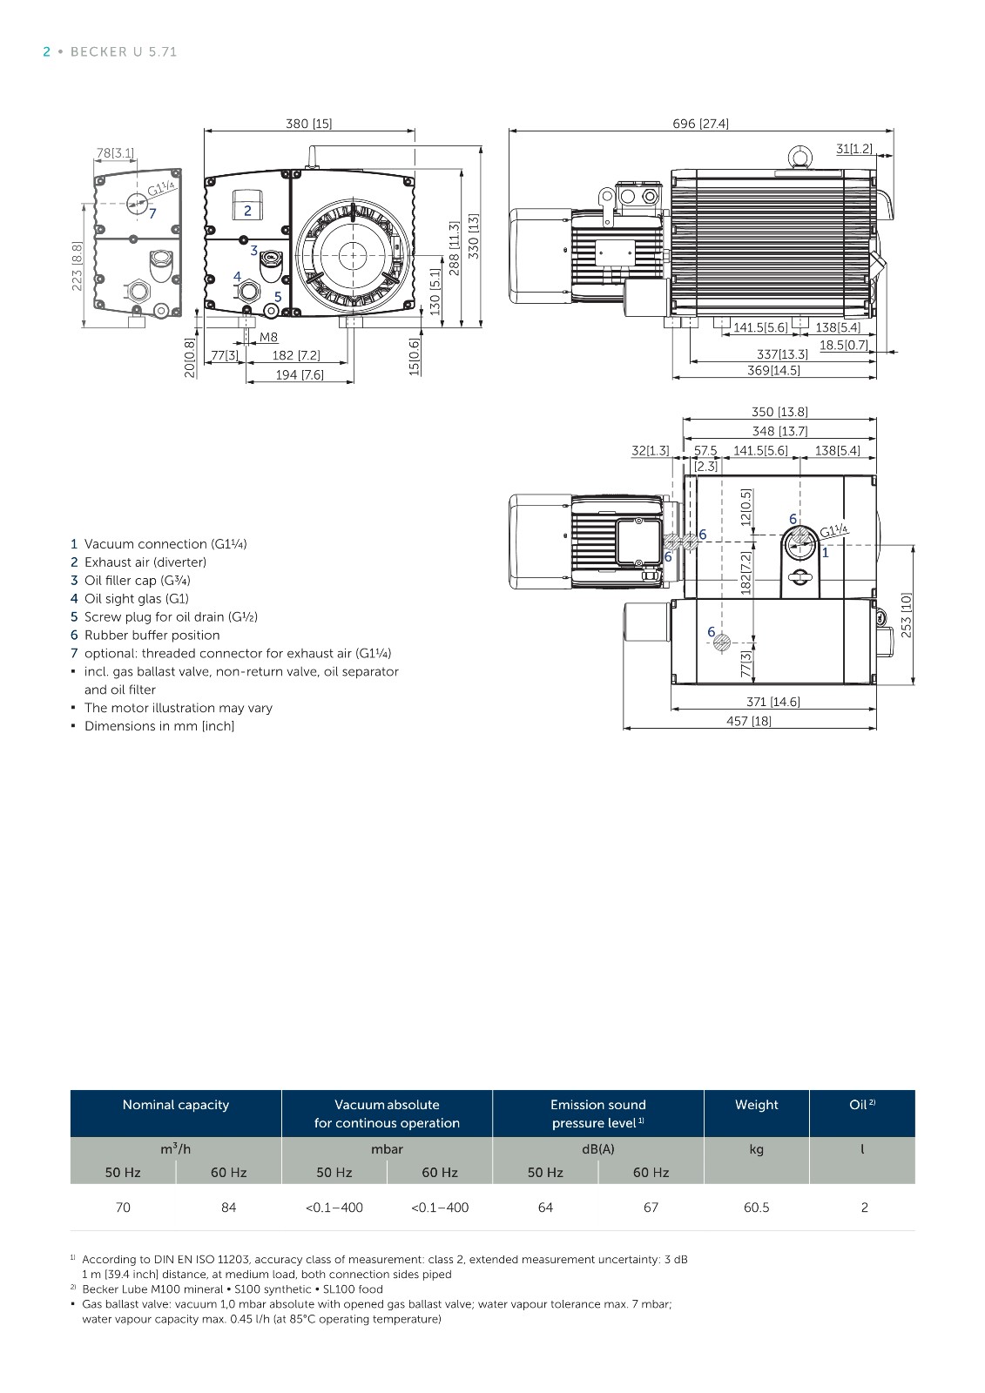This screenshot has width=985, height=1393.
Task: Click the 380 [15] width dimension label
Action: coord(308,124)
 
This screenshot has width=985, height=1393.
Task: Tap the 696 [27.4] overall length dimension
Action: coord(700,124)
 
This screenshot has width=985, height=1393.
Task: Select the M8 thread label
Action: coord(268,337)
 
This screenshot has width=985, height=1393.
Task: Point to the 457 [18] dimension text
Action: coord(749,721)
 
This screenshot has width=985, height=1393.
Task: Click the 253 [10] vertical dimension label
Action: coord(906,615)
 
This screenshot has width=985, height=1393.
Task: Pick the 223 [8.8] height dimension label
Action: coord(77,266)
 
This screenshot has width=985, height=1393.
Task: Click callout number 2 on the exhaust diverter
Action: coord(247,211)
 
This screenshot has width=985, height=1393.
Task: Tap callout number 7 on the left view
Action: coord(152,213)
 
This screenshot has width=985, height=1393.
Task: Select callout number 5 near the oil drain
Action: coord(278,297)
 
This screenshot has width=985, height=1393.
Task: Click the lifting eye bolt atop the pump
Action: coord(800,157)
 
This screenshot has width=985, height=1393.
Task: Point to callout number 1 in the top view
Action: coord(825,552)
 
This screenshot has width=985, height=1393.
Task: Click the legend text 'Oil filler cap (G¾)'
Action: coord(138,580)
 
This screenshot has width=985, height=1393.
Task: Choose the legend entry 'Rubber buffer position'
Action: coord(152,635)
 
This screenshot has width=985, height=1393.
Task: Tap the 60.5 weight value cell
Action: coord(756,1207)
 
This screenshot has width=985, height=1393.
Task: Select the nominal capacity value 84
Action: coord(228,1207)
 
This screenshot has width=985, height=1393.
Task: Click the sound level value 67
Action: coord(651,1207)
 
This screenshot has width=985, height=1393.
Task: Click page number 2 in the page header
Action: coord(46,51)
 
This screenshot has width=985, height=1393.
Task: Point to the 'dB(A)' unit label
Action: coord(598,1148)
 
